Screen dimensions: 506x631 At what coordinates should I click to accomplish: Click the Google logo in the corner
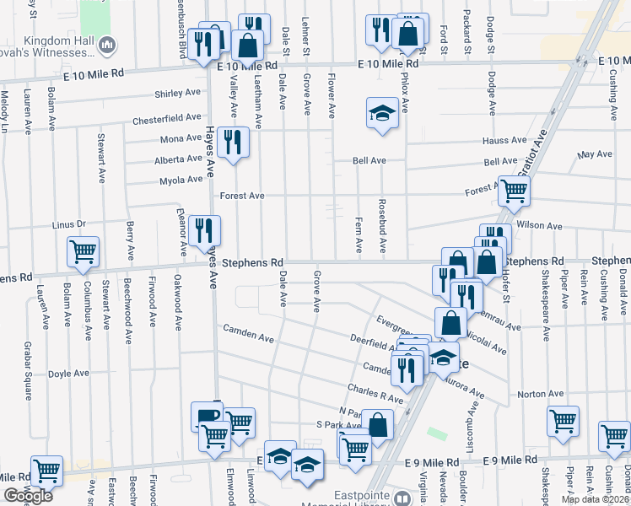pos(28,496)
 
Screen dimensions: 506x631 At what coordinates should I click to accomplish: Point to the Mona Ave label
pos(181,139)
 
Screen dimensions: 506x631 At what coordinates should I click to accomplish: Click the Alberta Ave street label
pos(178,159)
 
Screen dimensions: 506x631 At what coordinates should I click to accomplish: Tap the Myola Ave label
pos(181,180)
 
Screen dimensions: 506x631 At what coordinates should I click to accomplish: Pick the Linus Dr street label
pos(69,224)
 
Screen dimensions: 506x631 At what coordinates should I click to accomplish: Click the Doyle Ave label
pos(68,373)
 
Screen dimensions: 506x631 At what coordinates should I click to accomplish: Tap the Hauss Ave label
pos(504,141)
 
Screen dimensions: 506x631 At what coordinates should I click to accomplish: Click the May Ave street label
pos(595,154)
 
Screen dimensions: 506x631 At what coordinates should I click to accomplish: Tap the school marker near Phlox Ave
pos(382,113)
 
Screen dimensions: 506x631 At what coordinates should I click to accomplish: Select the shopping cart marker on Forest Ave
pos(513,191)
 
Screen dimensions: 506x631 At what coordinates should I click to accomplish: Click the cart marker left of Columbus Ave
pos(83,251)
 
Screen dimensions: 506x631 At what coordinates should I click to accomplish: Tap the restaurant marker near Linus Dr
pos(204,229)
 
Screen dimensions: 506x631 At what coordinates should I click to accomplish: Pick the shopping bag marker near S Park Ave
pos(378,425)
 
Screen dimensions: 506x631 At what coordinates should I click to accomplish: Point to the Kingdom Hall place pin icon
pos(106,44)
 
